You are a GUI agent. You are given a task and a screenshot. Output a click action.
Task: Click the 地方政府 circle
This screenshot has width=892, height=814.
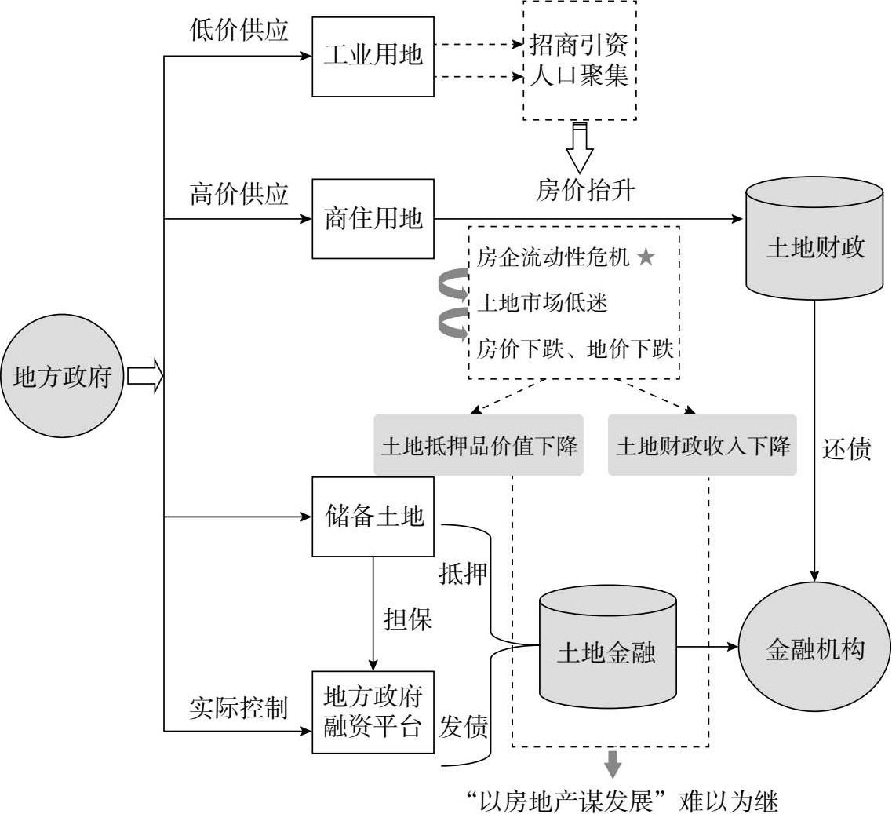(x=63, y=378)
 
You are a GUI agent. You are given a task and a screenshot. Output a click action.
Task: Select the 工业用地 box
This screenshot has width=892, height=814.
(x=373, y=57)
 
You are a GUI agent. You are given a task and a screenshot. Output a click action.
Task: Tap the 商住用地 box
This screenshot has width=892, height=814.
(x=373, y=219)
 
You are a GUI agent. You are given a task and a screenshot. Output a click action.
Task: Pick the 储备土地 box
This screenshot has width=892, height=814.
(x=373, y=517)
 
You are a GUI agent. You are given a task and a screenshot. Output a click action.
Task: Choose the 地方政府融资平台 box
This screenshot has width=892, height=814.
(x=373, y=711)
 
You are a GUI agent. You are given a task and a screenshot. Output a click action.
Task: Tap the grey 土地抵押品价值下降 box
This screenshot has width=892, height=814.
(x=479, y=446)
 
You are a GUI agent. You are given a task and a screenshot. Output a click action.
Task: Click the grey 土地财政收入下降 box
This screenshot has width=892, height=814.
(x=702, y=446)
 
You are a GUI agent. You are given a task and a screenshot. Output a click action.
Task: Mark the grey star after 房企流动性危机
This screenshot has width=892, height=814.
(x=645, y=258)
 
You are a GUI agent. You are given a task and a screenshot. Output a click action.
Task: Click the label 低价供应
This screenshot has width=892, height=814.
(x=239, y=30)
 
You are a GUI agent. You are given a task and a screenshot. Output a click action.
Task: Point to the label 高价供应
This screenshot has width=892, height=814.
(x=239, y=193)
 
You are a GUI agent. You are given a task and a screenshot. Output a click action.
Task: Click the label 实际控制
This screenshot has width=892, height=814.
(x=239, y=708)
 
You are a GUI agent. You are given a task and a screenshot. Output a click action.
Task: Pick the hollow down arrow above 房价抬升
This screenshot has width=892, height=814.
(x=580, y=148)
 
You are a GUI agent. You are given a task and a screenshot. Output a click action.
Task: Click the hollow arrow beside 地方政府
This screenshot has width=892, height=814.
(x=145, y=378)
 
